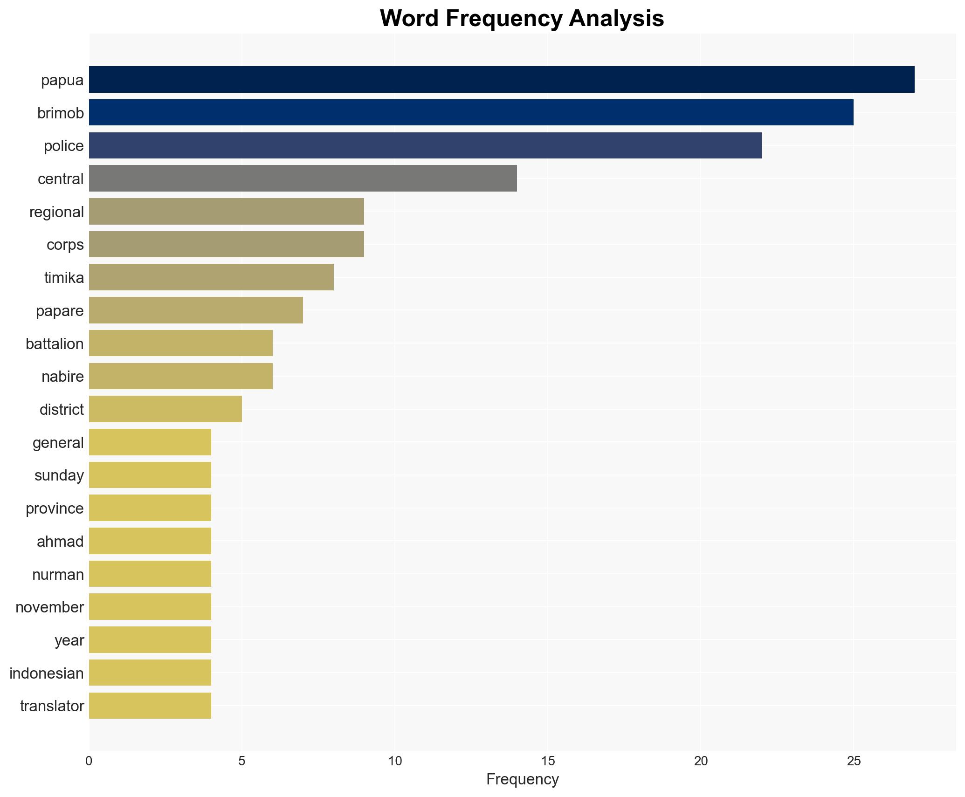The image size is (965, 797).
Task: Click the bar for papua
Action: tap(501, 80)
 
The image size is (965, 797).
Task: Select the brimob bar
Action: tap(471, 113)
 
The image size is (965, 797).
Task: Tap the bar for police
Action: tap(425, 145)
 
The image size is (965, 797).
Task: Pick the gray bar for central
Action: tap(303, 179)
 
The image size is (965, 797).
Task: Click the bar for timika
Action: tap(211, 277)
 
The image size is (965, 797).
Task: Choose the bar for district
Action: tap(165, 409)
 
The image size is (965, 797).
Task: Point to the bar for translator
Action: tap(150, 706)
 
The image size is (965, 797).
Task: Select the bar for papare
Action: tap(196, 310)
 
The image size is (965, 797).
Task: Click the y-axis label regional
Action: tap(56, 212)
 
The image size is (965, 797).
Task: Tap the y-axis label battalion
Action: tap(55, 344)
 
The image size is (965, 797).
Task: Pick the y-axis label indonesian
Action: tap(47, 673)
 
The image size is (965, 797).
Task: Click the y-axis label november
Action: tap(49, 607)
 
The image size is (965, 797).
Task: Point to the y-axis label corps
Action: tap(65, 245)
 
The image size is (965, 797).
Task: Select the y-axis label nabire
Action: tap(62, 377)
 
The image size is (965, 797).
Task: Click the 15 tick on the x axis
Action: tap(548, 761)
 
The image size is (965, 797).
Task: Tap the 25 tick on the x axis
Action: tap(854, 761)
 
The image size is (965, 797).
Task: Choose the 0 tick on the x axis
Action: tap(89, 761)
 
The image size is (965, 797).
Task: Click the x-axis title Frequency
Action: tap(522, 779)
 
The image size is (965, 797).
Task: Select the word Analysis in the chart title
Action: tap(616, 19)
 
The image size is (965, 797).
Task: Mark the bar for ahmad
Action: tap(150, 541)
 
